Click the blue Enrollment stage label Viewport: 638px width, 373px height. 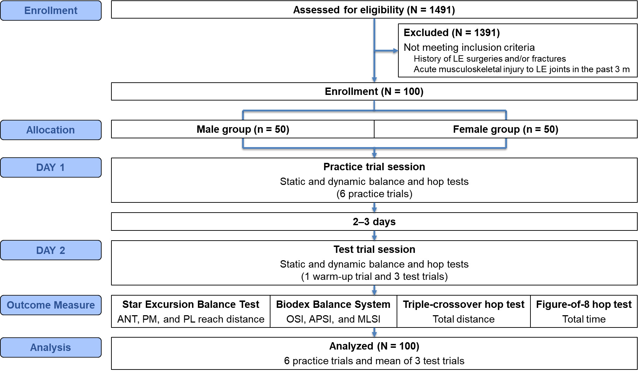pyautogui.click(x=51, y=11)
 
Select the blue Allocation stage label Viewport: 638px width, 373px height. pyautogui.click(x=51, y=130)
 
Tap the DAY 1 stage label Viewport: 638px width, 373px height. pyautogui.click(x=51, y=167)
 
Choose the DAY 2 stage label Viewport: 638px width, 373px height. pyautogui.click(x=51, y=250)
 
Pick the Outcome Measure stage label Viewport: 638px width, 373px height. pyautogui.click(x=51, y=305)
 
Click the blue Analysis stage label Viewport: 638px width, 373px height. pyautogui.click(x=51, y=347)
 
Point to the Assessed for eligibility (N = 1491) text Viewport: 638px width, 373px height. pyautogui.click(x=374, y=10)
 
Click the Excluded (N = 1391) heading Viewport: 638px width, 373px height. pyautogui.click(x=452, y=33)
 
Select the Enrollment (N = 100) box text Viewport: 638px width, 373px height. pyautogui.click(x=374, y=91)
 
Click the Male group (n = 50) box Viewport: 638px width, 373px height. pyautogui.click(x=243, y=129)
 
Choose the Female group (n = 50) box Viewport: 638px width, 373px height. pyautogui.click(x=505, y=129)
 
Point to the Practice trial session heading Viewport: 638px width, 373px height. pyautogui.click(x=374, y=167)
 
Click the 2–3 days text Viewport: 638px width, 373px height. pyautogui.click(x=374, y=222)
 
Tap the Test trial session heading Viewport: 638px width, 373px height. pyautogui.click(x=374, y=249)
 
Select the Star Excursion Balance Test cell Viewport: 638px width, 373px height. pyautogui.click(x=191, y=311)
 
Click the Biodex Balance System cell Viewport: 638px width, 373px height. pyautogui.click(x=333, y=311)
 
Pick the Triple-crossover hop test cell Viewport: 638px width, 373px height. pyautogui.click(x=464, y=311)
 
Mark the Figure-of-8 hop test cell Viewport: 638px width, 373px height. pyautogui.click(x=584, y=311)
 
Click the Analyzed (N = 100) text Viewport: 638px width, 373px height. pyautogui.click(x=374, y=346)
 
